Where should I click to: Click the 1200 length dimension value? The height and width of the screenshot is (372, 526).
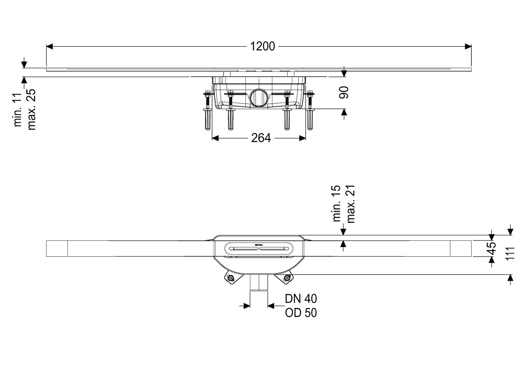coord(262,46)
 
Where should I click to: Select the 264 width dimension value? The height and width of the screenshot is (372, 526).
coord(261,138)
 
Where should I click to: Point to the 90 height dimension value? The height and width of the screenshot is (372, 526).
coord(344,92)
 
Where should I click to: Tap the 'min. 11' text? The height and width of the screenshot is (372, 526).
coord(18,110)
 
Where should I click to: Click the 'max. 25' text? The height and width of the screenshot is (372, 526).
coord(31,110)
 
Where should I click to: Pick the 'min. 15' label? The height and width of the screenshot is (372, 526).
coord(337,204)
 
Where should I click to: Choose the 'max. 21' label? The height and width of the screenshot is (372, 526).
coord(350,204)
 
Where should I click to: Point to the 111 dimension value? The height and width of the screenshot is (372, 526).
coord(510,253)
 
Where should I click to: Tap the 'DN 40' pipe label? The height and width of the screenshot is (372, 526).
coord(301,299)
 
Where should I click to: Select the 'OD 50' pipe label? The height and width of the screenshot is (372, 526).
coord(301,313)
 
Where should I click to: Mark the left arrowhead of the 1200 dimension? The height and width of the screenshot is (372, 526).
coord(50,46)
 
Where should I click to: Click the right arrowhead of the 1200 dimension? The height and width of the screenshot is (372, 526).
coord(468,46)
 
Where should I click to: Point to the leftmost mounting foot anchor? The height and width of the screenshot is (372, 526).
coord(208,120)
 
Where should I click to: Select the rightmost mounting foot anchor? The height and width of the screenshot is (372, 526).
coord(310,120)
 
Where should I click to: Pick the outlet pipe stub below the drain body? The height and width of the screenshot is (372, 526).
coord(259,283)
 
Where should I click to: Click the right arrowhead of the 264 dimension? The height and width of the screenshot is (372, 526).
coord(303,138)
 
